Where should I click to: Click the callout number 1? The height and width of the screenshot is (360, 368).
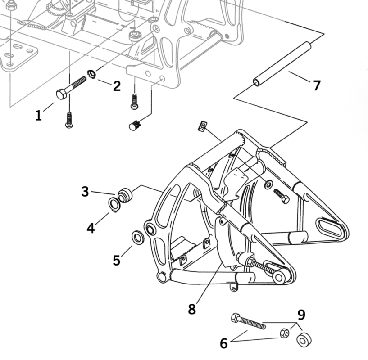point(39,115)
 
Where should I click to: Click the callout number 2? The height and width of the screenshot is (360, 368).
point(117,86)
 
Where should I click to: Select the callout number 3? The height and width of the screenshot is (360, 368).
point(85,191)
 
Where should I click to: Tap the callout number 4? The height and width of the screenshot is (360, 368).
point(91,228)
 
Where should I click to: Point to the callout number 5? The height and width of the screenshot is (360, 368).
point(117,260)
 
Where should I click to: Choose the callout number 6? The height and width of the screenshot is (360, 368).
point(224,343)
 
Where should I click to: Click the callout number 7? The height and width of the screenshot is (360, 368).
point(317,85)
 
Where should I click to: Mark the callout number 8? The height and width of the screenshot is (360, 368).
point(192,309)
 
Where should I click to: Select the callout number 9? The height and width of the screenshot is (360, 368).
point(301,314)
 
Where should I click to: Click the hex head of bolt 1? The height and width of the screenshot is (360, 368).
point(62,94)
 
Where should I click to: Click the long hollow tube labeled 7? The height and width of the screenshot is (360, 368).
point(282,63)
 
